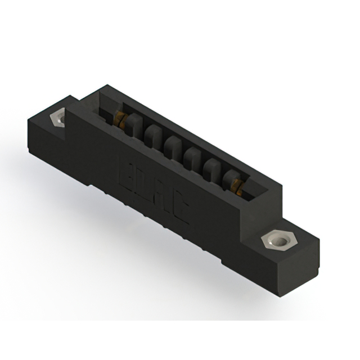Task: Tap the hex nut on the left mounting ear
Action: (58, 119)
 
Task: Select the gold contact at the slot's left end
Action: (120, 118)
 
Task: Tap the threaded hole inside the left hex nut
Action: (58, 119)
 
